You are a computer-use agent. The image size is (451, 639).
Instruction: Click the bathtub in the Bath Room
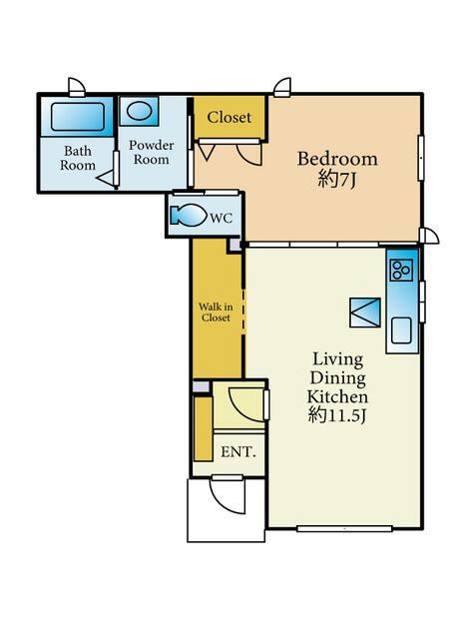[77, 117]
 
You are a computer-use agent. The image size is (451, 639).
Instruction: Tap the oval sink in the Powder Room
[139, 111]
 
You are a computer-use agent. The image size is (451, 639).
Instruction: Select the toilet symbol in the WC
[189, 215]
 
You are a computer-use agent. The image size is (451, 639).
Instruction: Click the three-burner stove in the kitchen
[401, 270]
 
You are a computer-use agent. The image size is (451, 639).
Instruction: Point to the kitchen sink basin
[401, 330]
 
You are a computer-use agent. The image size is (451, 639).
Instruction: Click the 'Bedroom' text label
[337, 159]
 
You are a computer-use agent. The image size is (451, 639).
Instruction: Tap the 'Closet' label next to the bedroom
[228, 118]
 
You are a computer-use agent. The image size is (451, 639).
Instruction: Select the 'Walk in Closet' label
[216, 313]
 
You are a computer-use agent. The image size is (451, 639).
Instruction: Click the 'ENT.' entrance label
[237, 451]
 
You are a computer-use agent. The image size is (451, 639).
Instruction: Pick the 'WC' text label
[221, 218]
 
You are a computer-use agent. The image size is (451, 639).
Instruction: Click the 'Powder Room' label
[151, 152]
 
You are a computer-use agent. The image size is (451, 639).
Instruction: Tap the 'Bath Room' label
[78, 158]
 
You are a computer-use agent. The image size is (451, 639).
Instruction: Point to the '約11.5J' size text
[336, 415]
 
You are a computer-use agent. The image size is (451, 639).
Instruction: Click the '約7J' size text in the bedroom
[336, 179]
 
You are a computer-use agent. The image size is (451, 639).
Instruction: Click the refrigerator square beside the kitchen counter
[365, 313]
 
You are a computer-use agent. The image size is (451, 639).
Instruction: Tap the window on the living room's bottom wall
[344, 528]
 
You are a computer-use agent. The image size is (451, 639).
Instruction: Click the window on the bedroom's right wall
[420, 158]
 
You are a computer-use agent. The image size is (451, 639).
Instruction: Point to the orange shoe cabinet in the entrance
[204, 428]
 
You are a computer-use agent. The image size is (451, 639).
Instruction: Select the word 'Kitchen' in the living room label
[337, 396]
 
